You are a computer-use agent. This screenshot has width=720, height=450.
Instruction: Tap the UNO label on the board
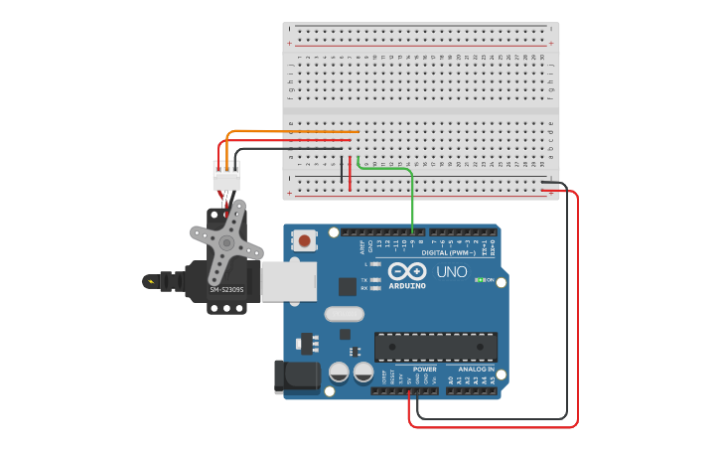coord(452,271)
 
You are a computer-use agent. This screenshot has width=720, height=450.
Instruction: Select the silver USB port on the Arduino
coord(289,281)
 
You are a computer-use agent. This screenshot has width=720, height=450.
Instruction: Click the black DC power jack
coord(296,376)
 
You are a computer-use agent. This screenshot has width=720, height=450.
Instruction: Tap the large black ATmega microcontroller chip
coord(436,347)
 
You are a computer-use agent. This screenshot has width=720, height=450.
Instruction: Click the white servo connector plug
coord(226,176)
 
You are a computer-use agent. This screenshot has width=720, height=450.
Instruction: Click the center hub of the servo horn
coord(226,241)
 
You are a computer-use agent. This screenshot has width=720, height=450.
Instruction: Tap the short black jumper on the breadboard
coord(342,171)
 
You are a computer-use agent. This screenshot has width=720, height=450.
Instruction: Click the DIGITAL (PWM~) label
coord(449,252)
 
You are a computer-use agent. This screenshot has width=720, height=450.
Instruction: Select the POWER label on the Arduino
coord(424,369)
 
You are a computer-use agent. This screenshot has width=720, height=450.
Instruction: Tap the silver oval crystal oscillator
coord(345,314)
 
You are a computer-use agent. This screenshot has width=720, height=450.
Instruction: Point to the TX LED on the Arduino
coord(364,280)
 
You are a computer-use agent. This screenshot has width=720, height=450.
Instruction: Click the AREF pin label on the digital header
coord(361,244)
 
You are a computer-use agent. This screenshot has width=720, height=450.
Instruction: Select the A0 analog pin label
coord(451,379)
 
